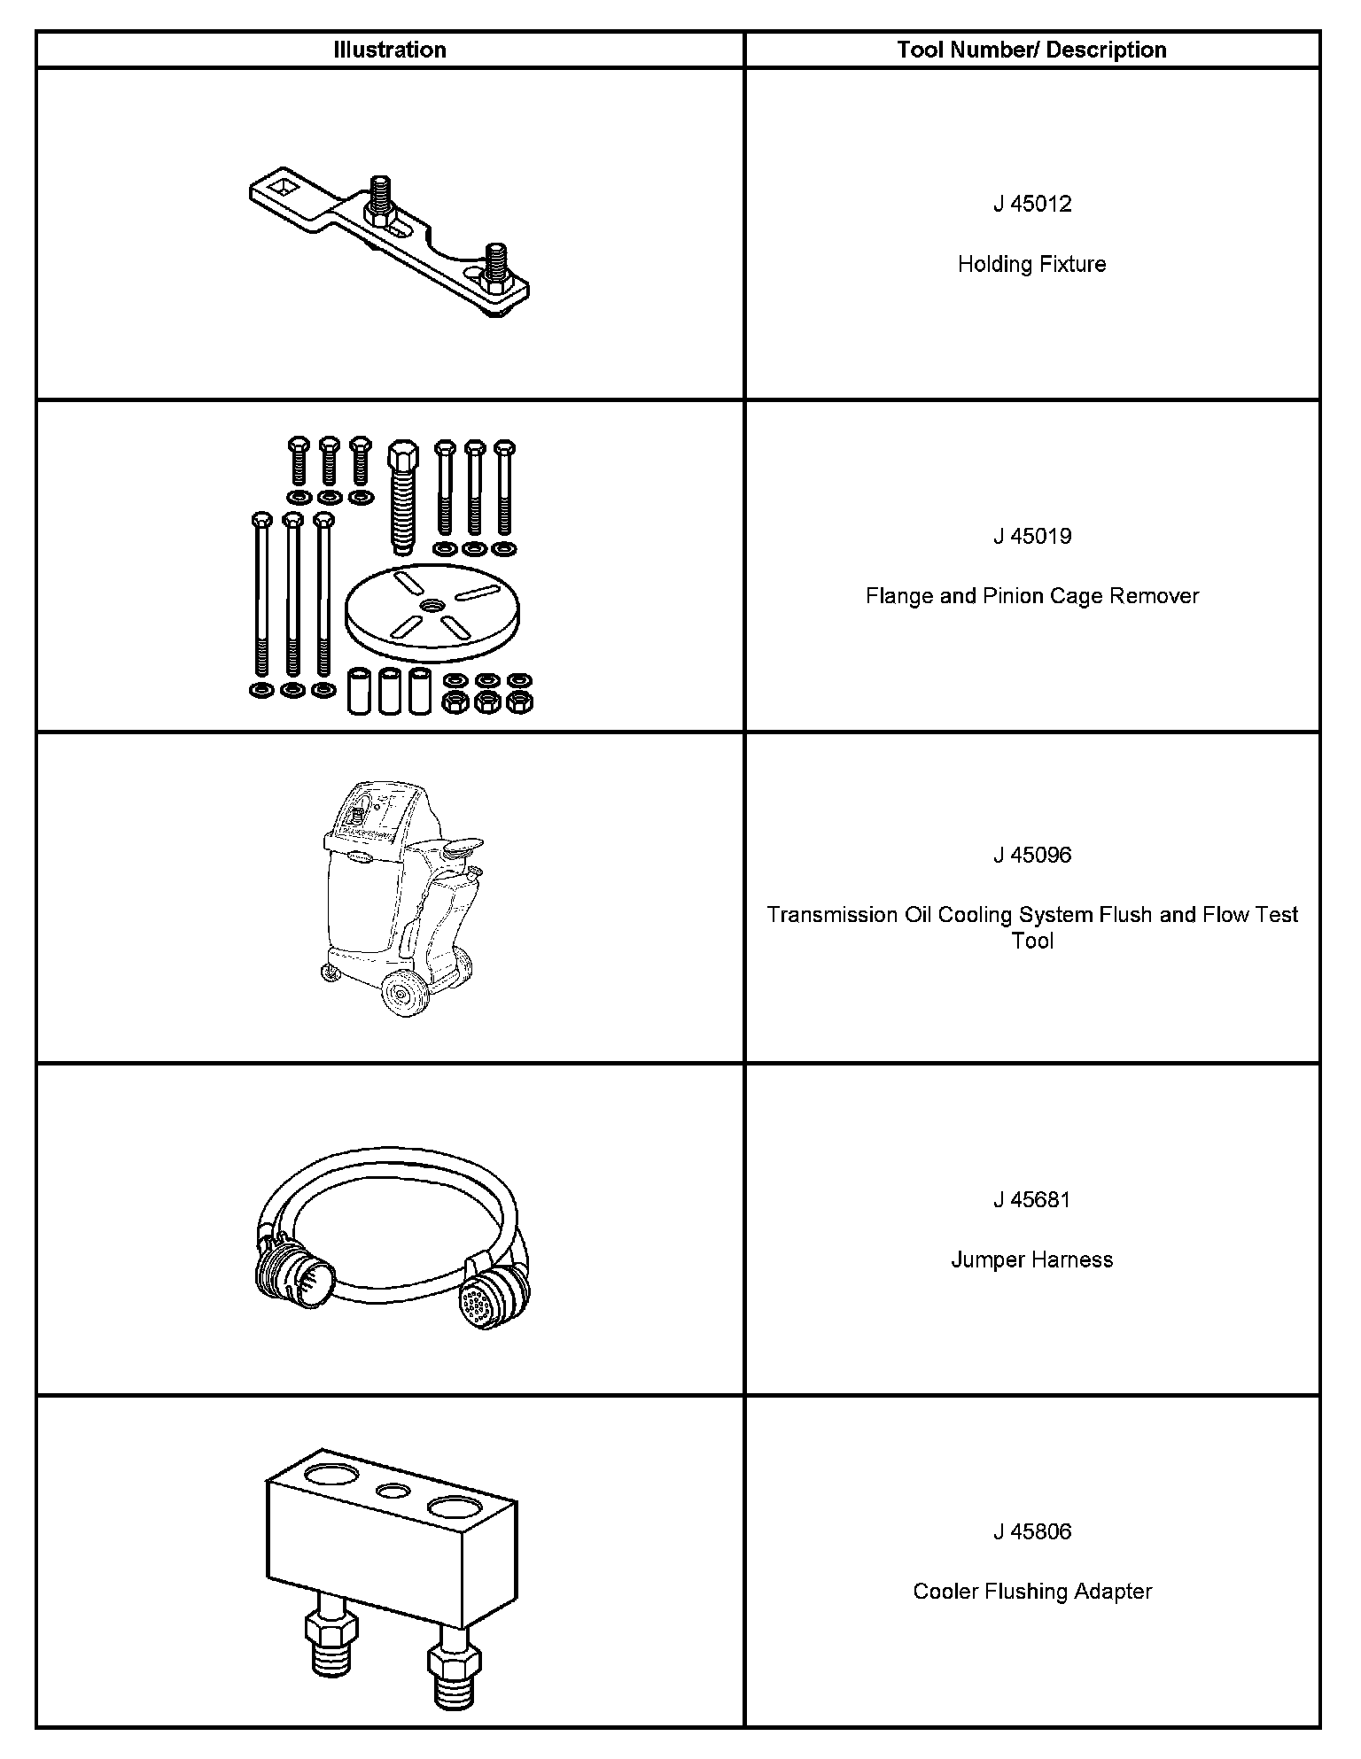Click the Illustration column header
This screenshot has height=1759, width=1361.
[x=389, y=50]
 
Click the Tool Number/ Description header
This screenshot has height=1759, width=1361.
[x=1031, y=50]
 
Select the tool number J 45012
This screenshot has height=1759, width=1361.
[x=1031, y=204]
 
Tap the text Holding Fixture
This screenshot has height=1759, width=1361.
[x=1031, y=264]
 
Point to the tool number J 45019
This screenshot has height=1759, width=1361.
[x=1031, y=536]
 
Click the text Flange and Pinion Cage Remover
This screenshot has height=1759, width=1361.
[x=1031, y=596]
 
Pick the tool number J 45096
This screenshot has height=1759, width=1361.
[x=1031, y=855]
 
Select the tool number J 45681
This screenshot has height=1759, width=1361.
[x=1031, y=1199]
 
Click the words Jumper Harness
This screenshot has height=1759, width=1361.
[x=1031, y=1259]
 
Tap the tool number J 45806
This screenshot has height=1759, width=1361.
[x=1031, y=1531]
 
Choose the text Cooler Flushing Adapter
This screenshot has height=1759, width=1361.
[x=1031, y=1592]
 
